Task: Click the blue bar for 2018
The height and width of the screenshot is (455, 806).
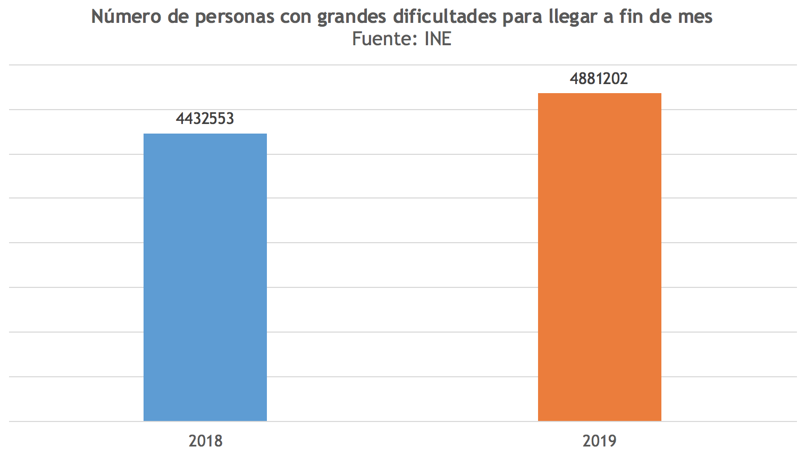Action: click(x=205, y=277)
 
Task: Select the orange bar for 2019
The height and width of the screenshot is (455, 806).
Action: click(x=599, y=257)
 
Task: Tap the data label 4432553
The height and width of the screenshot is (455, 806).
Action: click(x=205, y=118)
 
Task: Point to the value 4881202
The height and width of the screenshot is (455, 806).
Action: click(x=599, y=79)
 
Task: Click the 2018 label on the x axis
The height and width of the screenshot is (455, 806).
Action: click(x=205, y=441)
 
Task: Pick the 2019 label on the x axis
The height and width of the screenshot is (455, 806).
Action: click(x=599, y=441)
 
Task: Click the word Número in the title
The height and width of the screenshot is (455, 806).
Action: click(x=125, y=16)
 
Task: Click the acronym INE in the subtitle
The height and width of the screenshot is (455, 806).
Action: click(x=438, y=39)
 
